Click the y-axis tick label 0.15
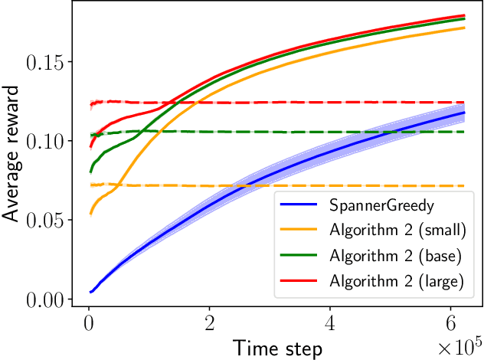pos(47,62)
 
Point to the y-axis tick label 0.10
pos(47,141)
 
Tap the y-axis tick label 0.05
pos(47,220)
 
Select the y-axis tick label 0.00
pos(47,299)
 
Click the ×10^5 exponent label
pos(458,347)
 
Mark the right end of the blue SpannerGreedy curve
pos(465,113)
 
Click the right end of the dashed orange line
pos(465,186)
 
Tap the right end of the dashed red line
pos(465,102)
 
